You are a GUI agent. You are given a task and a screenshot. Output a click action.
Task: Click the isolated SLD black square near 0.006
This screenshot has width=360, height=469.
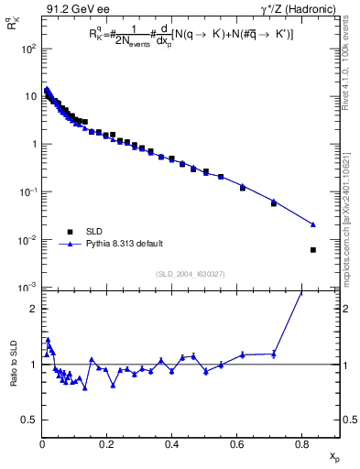pos(313,250)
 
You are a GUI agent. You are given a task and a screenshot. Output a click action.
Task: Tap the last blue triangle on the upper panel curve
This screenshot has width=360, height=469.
pos(313,224)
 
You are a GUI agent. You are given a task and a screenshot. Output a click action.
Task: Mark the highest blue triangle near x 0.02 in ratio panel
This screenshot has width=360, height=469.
pos(48,339)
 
